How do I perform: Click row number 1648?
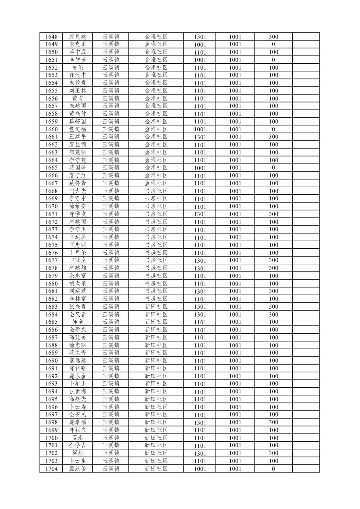point(51,37)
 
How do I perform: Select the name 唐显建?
point(77,37)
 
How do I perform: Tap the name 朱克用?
point(77,44)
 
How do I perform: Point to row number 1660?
point(51,129)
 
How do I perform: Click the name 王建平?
point(77,137)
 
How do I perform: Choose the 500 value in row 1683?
point(273,307)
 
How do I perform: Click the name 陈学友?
point(77,214)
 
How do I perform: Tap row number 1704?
point(51,469)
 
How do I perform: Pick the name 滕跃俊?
point(77,469)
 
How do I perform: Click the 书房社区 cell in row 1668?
point(156,191)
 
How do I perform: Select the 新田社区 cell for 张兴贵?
point(156,307)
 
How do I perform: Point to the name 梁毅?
point(77,453)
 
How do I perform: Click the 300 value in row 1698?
point(273,422)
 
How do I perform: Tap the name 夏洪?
point(77,438)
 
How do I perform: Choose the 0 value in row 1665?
point(273,168)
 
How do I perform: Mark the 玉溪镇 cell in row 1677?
point(111,260)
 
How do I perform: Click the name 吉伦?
point(77,68)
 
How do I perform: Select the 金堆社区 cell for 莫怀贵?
point(156,183)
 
